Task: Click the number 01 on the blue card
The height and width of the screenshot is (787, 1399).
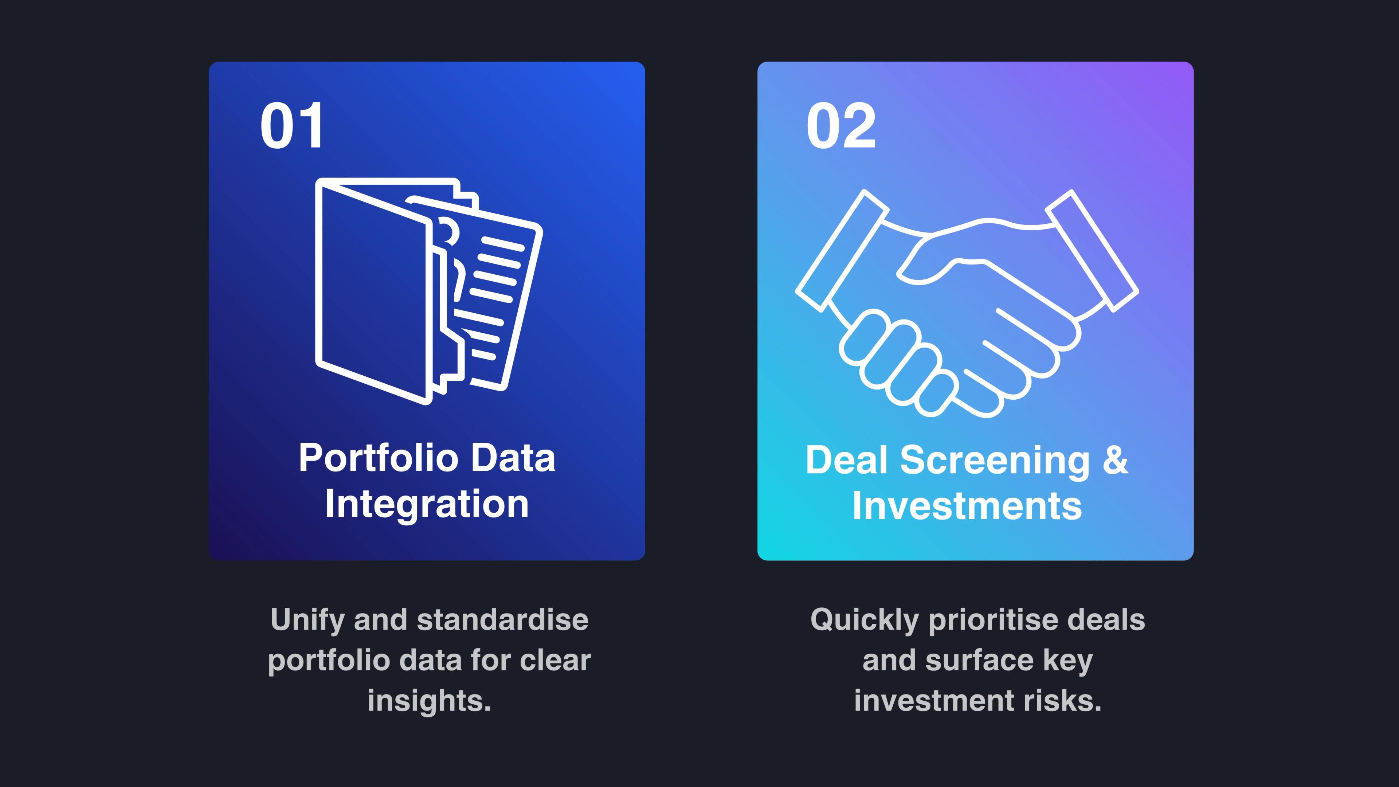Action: pos(292,126)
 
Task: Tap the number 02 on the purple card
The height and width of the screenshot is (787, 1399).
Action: pos(841,126)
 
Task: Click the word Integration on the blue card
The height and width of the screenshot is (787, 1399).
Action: pos(427,504)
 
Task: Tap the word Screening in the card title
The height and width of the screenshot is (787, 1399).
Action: pos(995,460)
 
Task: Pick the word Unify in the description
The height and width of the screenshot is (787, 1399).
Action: pos(307,620)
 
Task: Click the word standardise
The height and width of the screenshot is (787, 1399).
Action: pos(502,620)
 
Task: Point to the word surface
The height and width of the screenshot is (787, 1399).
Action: pos(979,661)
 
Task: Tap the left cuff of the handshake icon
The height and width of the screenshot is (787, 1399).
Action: pos(842,251)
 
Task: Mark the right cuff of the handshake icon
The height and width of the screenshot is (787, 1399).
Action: pos(1092,251)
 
